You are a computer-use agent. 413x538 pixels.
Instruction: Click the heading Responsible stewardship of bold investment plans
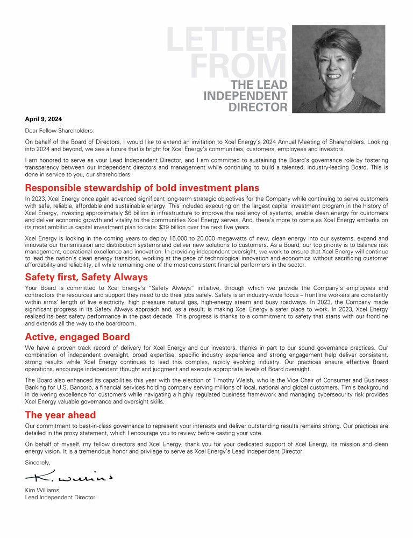[142, 188]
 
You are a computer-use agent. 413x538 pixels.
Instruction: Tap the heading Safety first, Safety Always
[86, 278]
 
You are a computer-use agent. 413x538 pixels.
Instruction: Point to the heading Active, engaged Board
[77, 337]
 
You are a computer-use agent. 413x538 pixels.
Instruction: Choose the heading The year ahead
[60, 415]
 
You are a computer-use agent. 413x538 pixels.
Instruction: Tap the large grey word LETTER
[226, 40]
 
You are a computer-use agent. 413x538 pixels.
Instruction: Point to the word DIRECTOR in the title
[258, 107]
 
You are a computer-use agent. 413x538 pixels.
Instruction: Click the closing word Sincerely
[38, 462]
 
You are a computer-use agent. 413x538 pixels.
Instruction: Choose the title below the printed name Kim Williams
[60, 498]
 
